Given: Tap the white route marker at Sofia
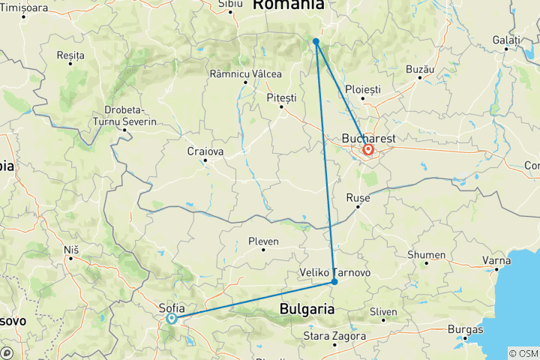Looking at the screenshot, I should [172, 319].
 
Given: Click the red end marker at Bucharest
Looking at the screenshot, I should [369, 150].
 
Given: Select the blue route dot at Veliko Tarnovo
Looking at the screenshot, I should [334, 282].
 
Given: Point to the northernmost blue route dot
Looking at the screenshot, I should [316, 41].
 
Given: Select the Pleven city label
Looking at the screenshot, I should [263, 241].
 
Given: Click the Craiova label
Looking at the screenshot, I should [205, 151].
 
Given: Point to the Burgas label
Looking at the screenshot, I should [464, 328].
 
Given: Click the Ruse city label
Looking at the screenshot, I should [358, 197].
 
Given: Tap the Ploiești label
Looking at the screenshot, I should [363, 89].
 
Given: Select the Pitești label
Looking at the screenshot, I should [281, 97].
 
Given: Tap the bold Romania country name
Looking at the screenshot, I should [287, 6].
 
